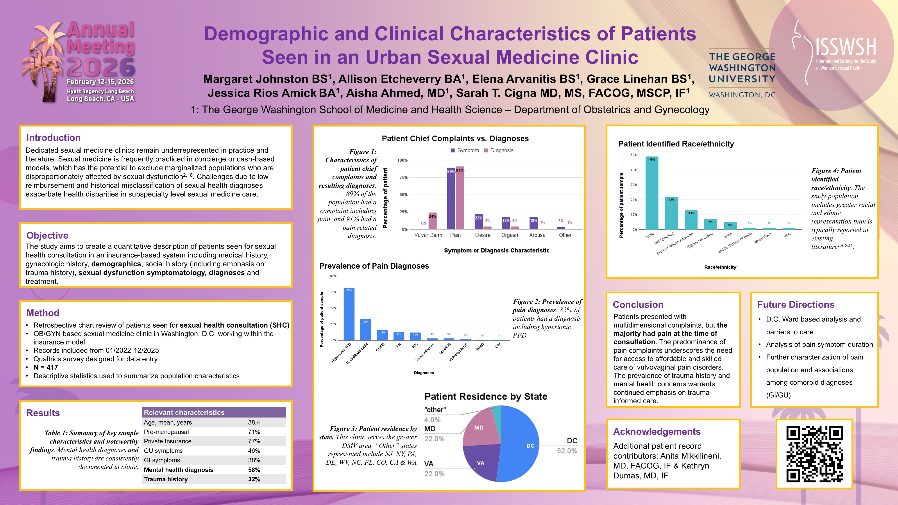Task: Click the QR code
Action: click(x=814, y=454)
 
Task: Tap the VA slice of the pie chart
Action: click(x=483, y=462)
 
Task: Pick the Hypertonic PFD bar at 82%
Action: click(x=349, y=314)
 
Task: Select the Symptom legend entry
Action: click(x=465, y=150)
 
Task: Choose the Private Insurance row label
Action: click(x=168, y=441)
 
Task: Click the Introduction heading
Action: click(x=53, y=138)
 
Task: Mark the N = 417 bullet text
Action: click(x=46, y=367)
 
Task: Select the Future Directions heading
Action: click(x=796, y=305)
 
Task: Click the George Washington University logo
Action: click(x=742, y=73)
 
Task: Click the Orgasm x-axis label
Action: click(x=510, y=235)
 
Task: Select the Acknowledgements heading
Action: click(x=657, y=432)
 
